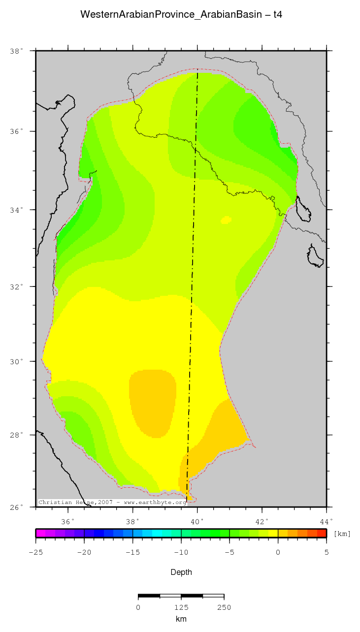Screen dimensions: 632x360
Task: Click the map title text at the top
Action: click(x=181, y=15)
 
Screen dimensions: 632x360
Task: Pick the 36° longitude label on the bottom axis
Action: click(x=67, y=521)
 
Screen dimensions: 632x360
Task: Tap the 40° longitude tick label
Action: click(x=197, y=521)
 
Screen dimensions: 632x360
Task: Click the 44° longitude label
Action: click(x=327, y=521)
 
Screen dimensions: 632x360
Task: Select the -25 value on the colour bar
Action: click(x=35, y=552)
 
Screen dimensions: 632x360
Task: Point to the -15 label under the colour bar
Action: click(x=132, y=552)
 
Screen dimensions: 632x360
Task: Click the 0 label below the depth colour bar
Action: click(x=278, y=552)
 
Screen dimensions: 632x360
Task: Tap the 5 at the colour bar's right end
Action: click(x=327, y=552)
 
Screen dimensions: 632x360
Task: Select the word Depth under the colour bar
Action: click(x=181, y=572)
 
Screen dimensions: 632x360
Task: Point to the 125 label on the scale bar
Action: click(x=181, y=607)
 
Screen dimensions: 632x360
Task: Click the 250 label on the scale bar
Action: click(x=224, y=607)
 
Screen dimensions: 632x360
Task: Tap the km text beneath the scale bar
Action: click(x=181, y=619)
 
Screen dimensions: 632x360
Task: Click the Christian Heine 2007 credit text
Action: click(x=112, y=503)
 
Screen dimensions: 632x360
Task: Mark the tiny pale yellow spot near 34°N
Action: click(x=226, y=220)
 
